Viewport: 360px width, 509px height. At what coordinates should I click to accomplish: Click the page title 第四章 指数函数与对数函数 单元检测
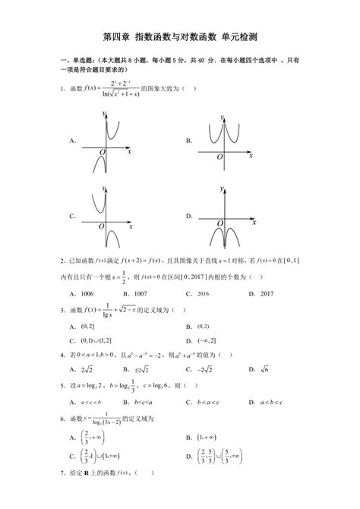pyautogui.click(x=179, y=36)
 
